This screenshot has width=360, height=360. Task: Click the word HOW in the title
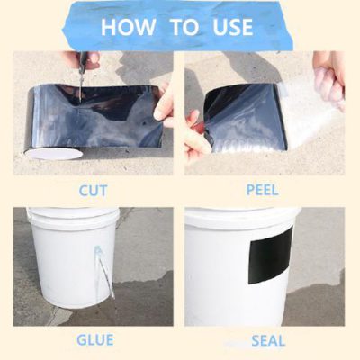pos(130,26)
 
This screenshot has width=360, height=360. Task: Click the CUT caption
pos(93,191)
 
